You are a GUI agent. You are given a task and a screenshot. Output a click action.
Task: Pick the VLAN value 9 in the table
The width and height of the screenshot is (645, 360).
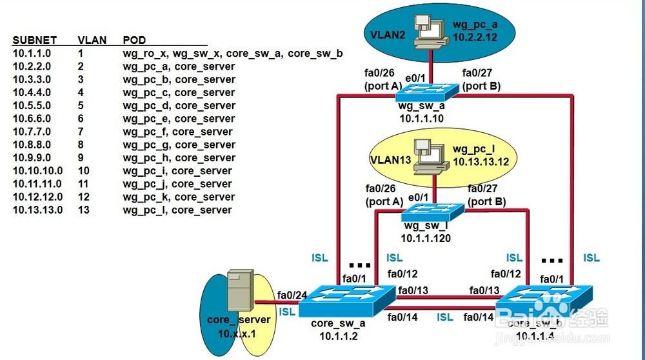click(x=81, y=158)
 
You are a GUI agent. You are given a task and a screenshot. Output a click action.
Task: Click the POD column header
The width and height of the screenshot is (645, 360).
click(x=134, y=40)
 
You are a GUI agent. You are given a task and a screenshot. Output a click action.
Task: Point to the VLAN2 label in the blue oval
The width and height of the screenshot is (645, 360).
click(x=387, y=33)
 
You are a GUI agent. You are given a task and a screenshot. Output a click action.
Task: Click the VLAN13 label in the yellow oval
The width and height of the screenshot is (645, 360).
click(x=389, y=159)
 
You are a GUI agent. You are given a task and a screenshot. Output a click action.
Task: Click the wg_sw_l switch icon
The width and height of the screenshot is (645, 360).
click(x=433, y=212)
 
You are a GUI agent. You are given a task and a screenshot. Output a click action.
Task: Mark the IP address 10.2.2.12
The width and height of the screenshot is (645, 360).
click(x=475, y=38)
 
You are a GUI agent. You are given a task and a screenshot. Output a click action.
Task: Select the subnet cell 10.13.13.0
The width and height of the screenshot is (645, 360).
click(x=37, y=210)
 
